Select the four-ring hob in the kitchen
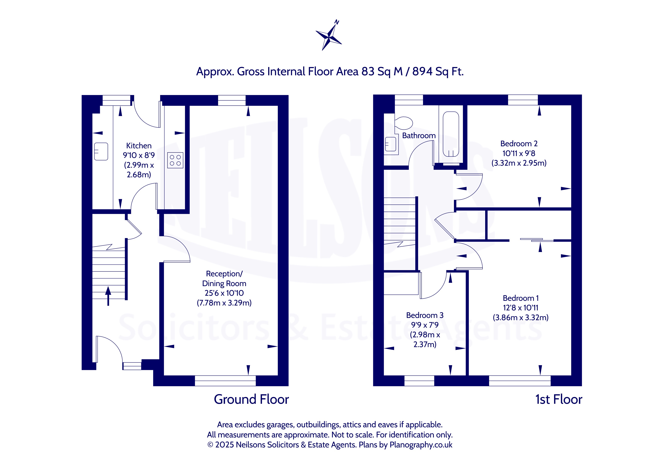pyautogui.click(x=175, y=160)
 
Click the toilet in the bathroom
pyautogui.click(x=404, y=123)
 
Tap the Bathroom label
pyautogui.click(x=419, y=136)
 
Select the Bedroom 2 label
pyautogui.click(x=519, y=143)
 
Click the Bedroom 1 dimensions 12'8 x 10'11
pyautogui.click(x=521, y=308)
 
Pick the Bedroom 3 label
pyautogui.click(x=425, y=315)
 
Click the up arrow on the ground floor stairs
pyautogui.click(x=108, y=296)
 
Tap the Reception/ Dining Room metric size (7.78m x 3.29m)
pyautogui.click(x=224, y=303)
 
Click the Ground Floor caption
pyautogui.click(x=251, y=399)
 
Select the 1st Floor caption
pyautogui.click(x=559, y=399)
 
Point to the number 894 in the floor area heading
pyautogui.click(x=422, y=71)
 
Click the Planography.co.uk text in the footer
pyautogui.click(x=421, y=445)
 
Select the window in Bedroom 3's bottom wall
pyautogui.click(x=419, y=381)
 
